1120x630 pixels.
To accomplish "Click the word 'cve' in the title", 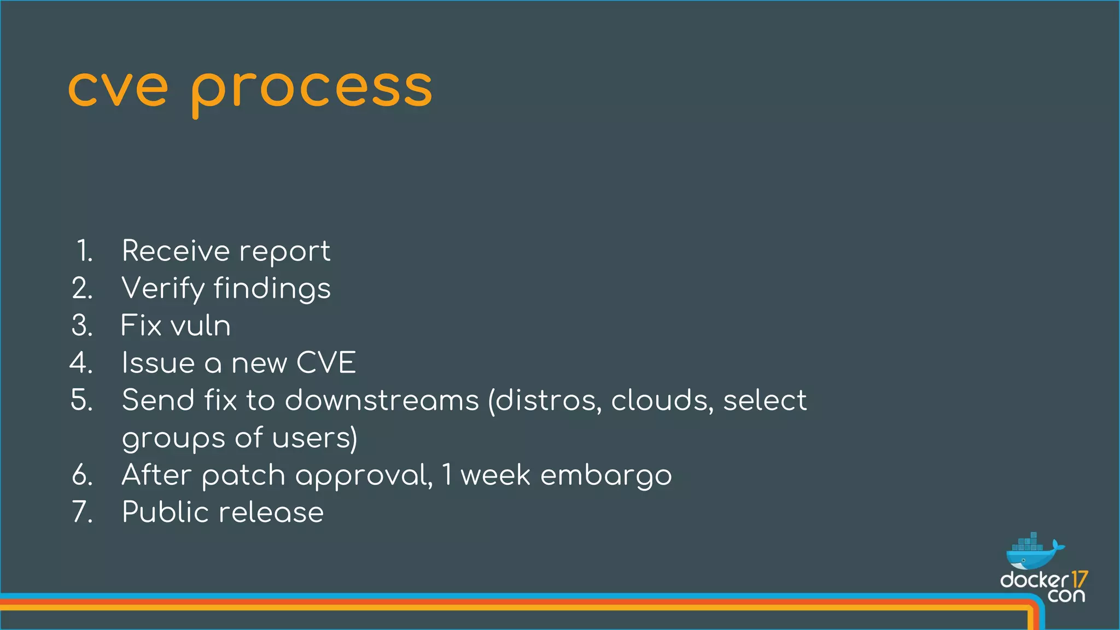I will (x=118, y=89).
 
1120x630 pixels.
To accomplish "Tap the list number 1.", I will (x=84, y=251).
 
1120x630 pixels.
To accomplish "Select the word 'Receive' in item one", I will (x=176, y=251).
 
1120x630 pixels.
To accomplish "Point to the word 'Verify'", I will (x=162, y=289).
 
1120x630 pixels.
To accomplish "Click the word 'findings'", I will (x=272, y=289).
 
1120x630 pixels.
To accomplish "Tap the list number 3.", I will (x=82, y=325).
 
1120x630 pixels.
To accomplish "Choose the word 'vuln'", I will (x=200, y=325).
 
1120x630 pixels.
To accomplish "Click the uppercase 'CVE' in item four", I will (x=326, y=363).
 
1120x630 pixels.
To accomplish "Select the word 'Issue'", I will (x=158, y=363).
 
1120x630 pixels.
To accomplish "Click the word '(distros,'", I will (x=545, y=400).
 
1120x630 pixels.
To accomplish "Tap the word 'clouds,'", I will (x=662, y=400).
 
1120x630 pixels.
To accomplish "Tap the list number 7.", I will (x=83, y=512).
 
